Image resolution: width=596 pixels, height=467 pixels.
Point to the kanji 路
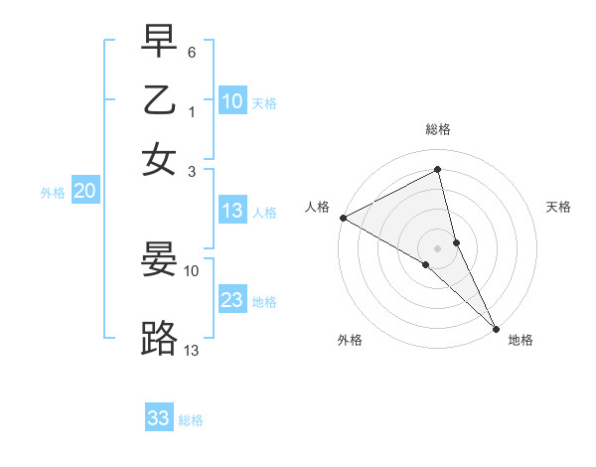tap(159, 339)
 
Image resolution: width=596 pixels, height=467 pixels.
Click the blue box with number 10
tap(232, 101)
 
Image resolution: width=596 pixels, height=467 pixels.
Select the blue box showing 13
tap(232, 211)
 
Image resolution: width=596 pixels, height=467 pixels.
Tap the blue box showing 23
tap(232, 300)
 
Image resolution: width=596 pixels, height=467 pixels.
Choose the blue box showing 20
tap(84, 192)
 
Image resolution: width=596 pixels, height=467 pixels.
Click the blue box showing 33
tap(159, 418)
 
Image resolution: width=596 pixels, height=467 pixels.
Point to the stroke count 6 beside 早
tap(192, 51)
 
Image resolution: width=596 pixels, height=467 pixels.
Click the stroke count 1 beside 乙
tap(192, 112)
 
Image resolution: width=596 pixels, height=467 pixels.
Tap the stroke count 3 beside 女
tap(192, 170)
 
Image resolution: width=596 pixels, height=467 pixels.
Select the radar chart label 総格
tap(438, 130)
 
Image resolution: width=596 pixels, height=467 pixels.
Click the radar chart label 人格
tap(318, 207)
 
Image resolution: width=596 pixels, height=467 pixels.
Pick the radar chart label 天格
tap(558, 207)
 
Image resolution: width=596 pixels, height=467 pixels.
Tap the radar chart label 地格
tap(521, 340)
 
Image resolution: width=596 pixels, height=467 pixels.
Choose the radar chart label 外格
tap(350, 340)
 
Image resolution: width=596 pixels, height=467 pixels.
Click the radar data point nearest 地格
tap(496, 327)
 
